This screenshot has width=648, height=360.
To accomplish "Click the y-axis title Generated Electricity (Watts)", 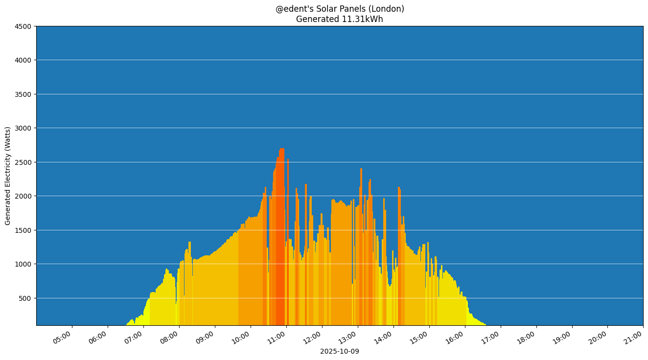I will pos(8,176).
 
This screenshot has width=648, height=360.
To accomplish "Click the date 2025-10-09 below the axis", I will pos(339,351).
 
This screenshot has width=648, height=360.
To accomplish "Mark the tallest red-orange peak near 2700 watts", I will pos(281,152).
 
